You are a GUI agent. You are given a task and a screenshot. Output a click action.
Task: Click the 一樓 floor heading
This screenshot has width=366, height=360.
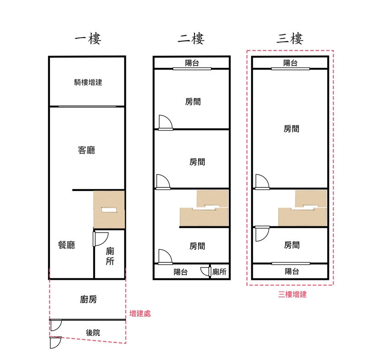[88, 39]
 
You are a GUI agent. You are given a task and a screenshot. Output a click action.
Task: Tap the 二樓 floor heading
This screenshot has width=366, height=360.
[191, 39]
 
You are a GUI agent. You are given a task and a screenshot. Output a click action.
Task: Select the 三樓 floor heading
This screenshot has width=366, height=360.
[290, 39]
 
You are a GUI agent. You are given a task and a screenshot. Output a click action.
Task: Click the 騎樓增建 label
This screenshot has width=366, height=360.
[88, 82]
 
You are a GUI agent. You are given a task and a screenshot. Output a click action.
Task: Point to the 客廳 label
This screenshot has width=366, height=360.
[86, 150]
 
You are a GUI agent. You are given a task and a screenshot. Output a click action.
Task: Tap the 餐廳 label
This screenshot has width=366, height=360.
[66, 245]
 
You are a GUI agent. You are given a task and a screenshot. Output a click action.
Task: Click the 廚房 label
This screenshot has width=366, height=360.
[88, 299]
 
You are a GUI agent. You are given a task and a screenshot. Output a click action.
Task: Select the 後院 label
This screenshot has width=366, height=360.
[93, 333]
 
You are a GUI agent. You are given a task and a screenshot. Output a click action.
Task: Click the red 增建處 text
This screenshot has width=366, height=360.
[140, 313]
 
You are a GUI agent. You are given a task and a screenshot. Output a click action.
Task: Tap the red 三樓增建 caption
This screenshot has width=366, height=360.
[292, 295]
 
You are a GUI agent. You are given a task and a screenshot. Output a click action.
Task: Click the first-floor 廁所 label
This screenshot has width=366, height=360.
[110, 256]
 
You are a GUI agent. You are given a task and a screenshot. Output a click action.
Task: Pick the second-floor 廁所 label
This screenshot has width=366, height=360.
[220, 272]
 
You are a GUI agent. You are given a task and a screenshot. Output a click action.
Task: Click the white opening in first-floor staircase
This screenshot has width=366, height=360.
[109, 210]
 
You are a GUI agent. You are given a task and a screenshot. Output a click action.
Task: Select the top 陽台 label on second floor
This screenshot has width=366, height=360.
[192, 63]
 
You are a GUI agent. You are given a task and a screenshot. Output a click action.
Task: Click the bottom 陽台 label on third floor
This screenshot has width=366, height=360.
[292, 271]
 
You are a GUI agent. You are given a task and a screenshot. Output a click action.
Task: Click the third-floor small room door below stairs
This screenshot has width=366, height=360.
[262, 234]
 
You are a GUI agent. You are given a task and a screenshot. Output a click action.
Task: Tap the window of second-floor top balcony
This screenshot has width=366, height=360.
[192, 69]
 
